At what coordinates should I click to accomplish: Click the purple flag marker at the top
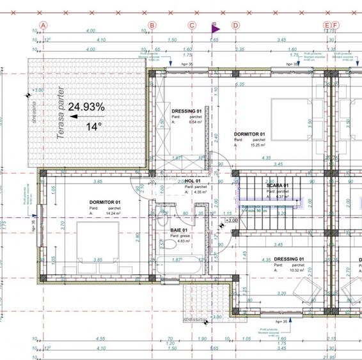215,27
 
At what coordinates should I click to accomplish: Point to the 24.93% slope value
87,106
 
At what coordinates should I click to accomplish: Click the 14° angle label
93,127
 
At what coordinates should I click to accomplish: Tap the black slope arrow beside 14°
75,117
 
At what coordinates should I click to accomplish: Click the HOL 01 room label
194,182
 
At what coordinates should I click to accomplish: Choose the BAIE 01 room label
179,230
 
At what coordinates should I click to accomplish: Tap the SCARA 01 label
278,185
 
